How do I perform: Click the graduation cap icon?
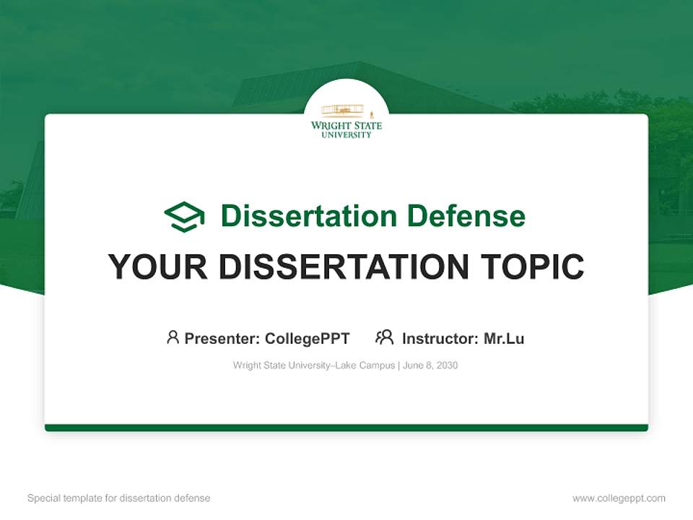[x=184, y=216]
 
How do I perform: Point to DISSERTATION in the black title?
[x=344, y=267]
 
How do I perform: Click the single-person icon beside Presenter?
[x=173, y=337]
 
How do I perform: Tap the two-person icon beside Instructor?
[x=384, y=337]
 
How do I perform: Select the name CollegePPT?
[x=308, y=339]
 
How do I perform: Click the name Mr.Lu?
[x=504, y=339]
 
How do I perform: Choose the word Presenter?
[x=222, y=339]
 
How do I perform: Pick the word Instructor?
[x=440, y=339]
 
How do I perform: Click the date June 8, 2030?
[x=430, y=365]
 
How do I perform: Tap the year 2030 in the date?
[x=447, y=365]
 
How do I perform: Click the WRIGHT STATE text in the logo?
[x=346, y=126]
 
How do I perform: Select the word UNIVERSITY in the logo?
[x=346, y=134]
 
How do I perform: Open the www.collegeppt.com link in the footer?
[x=619, y=498]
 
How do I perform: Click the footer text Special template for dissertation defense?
[x=119, y=498]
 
